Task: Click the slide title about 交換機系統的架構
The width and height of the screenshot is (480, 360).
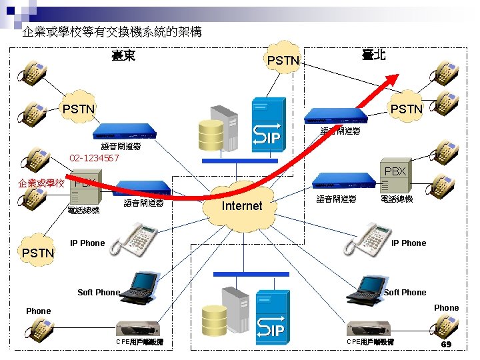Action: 112,32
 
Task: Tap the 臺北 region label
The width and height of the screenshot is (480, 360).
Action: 373,55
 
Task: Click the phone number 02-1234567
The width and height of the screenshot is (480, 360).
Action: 94,158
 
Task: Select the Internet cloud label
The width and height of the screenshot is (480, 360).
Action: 241,206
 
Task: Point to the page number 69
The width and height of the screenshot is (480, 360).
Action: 446,345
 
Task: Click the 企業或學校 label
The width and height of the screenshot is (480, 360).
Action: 41,183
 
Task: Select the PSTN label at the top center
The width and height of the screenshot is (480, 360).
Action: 283,61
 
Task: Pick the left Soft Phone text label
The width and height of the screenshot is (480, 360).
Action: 99,292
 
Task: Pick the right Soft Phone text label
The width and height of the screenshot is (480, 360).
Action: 405,292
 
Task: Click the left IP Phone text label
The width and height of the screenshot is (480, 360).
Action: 87,243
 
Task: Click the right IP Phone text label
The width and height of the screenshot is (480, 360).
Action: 409,243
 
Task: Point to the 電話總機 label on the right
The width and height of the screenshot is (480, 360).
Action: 396,199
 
